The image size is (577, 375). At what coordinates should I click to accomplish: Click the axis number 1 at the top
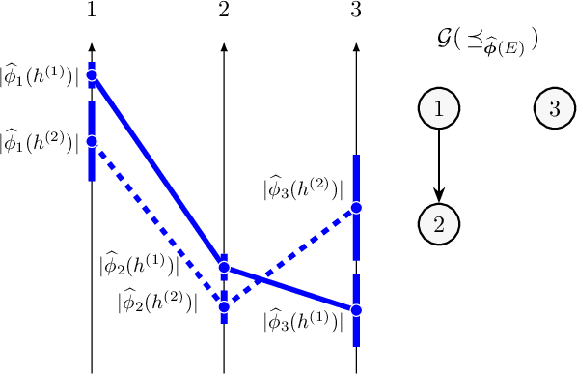point(91,12)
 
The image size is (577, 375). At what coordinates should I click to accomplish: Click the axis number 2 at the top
point(224,12)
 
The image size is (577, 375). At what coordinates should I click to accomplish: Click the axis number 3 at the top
point(357,12)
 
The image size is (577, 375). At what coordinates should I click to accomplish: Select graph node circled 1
point(439,109)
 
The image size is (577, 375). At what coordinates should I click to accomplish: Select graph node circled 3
point(554,109)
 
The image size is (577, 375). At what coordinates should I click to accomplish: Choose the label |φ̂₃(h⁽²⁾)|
point(302,188)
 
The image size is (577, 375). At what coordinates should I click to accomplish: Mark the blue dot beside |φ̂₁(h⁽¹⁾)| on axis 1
point(92,74)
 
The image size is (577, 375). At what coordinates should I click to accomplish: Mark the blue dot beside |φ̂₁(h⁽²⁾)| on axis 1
point(92,142)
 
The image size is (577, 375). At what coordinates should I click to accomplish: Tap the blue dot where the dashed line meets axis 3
point(356,208)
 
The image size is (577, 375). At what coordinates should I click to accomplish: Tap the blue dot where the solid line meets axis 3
point(356,310)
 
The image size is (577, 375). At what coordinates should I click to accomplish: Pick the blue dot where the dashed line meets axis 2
point(224,307)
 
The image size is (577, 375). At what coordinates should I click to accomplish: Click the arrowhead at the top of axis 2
point(224,47)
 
